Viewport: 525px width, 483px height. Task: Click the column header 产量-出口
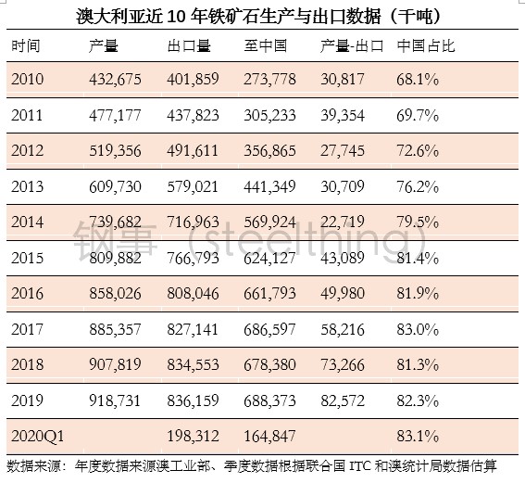tap(352, 46)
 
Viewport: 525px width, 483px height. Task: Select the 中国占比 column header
tap(426, 46)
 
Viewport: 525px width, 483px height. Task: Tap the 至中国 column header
tap(265, 46)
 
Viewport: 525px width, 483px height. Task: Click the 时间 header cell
tap(26, 46)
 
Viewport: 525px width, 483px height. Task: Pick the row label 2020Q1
tap(37, 436)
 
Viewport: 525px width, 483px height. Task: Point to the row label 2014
tap(28, 222)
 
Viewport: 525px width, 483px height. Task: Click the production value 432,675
tap(115, 80)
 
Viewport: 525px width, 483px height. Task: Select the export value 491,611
tap(193, 150)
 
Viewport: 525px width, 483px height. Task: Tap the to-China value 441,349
tap(269, 186)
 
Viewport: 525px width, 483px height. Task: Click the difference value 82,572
tap(343, 400)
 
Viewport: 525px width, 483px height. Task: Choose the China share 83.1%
tap(418, 436)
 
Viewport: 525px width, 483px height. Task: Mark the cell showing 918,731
tap(115, 400)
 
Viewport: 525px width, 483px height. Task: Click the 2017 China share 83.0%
tap(418, 329)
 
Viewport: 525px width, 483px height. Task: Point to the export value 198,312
tap(193, 436)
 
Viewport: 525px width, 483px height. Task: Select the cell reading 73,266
tap(343, 364)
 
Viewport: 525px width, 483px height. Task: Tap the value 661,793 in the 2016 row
tap(269, 294)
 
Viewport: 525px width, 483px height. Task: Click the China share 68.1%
tap(418, 80)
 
